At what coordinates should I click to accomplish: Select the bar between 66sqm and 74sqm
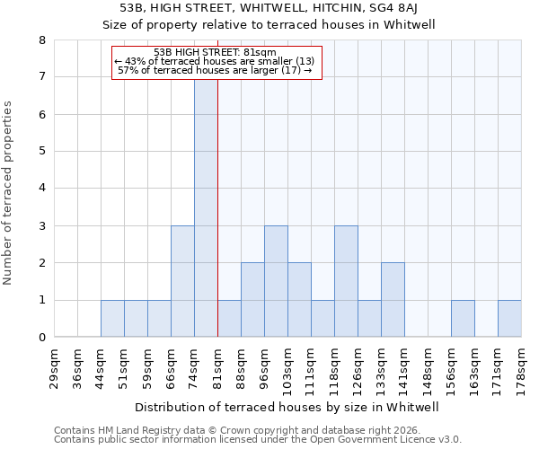pyautogui.click(x=182, y=281)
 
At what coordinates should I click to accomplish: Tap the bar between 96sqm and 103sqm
pyautogui.click(x=276, y=281)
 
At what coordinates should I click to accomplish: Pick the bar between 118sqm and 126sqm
pyautogui.click(x=346, y=281)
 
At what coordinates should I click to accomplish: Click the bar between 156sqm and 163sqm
pyautogui.click(x=463, y=319)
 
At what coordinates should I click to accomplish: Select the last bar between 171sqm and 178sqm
pyautogui.click(x=509, y=319)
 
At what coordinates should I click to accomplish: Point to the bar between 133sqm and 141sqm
pyautogui.click(x=393, y=300)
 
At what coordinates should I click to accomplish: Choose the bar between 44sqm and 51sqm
pyautogui.click(x=112, y=319)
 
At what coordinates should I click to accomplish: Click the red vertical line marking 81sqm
pyautogui.click(x=217, y=224)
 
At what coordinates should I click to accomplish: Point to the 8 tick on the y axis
pyautogui.click(x=42, y=40)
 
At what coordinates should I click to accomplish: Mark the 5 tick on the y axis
pyautogui.click(x=42, y=152)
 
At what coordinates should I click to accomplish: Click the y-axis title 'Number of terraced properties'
pyautogui.click(x=9, y=192)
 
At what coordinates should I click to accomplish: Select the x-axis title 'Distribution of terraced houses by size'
pyautogui.click(x=287, y=407)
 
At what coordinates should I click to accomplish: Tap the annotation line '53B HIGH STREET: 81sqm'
pyautogui.click(x=215, y=52)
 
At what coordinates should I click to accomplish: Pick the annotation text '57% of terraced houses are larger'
pyautogui.click(x=215, y=70)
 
